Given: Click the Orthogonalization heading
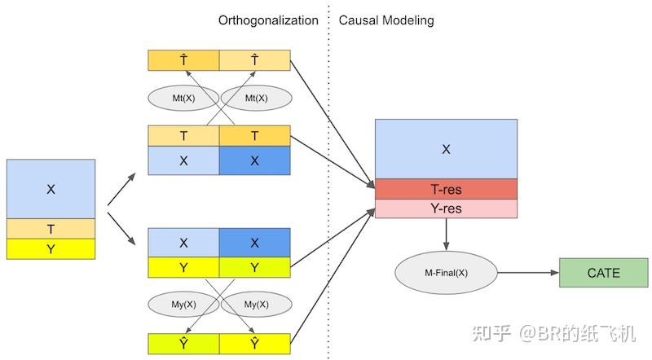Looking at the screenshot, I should click(267, 20).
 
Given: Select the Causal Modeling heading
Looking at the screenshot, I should click(386, 20).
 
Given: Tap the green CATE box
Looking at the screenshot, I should click(603, 273).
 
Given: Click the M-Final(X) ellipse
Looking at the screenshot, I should click(446, 273).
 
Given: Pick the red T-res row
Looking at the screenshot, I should click(446, 189).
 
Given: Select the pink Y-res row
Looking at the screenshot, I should click(446, 209).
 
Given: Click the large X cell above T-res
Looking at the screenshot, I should click(446, 149).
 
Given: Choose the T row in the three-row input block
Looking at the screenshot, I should click(51, 229).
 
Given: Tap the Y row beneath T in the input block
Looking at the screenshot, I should click(51, 249).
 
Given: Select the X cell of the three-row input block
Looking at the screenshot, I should click(51, 189).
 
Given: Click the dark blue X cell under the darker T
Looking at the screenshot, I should click(254, 161).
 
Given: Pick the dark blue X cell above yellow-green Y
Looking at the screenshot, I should click(254, 243).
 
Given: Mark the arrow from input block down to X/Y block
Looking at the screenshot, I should click(121, 231).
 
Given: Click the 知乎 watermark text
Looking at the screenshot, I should click(492, 332).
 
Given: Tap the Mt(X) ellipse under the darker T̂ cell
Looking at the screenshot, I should click(183, 98).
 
